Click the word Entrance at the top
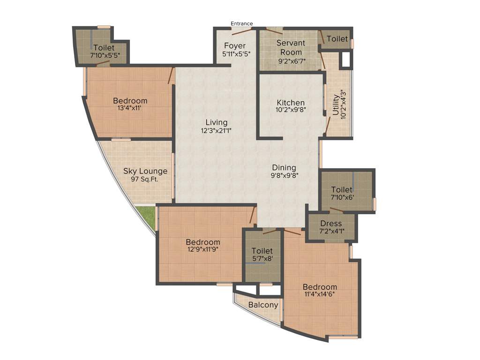[x=241, y=23]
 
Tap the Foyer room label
[x=234, y=45]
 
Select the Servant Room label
[x=291, y=47]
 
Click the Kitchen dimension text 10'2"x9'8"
[x=291, y=111]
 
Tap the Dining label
[x=285, y=167]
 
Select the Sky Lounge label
[x=145, y=171]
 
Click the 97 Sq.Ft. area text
[x=145, y=179]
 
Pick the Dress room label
[x=331, y=223]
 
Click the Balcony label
[x=263, y=305]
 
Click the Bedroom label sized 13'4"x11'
[x=130, y=100]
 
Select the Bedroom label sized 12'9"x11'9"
[x=203, y=242]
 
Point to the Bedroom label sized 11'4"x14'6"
[x=320, y=287]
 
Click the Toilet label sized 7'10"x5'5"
[x=104, y=47]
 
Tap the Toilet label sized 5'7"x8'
[x=262, y=251]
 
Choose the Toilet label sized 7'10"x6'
[x=342, y=189]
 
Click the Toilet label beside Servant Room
[x=337, y=39]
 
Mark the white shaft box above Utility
[x=346, y=60]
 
